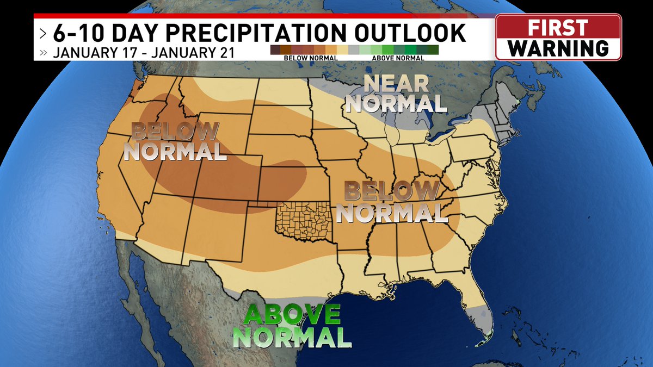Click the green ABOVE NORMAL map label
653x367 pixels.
(292, 326)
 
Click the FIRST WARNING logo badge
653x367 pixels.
(558, 37)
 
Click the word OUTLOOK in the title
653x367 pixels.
(412, 33)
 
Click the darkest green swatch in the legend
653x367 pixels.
(434, 50)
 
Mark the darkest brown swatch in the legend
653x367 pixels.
(275, 50)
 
